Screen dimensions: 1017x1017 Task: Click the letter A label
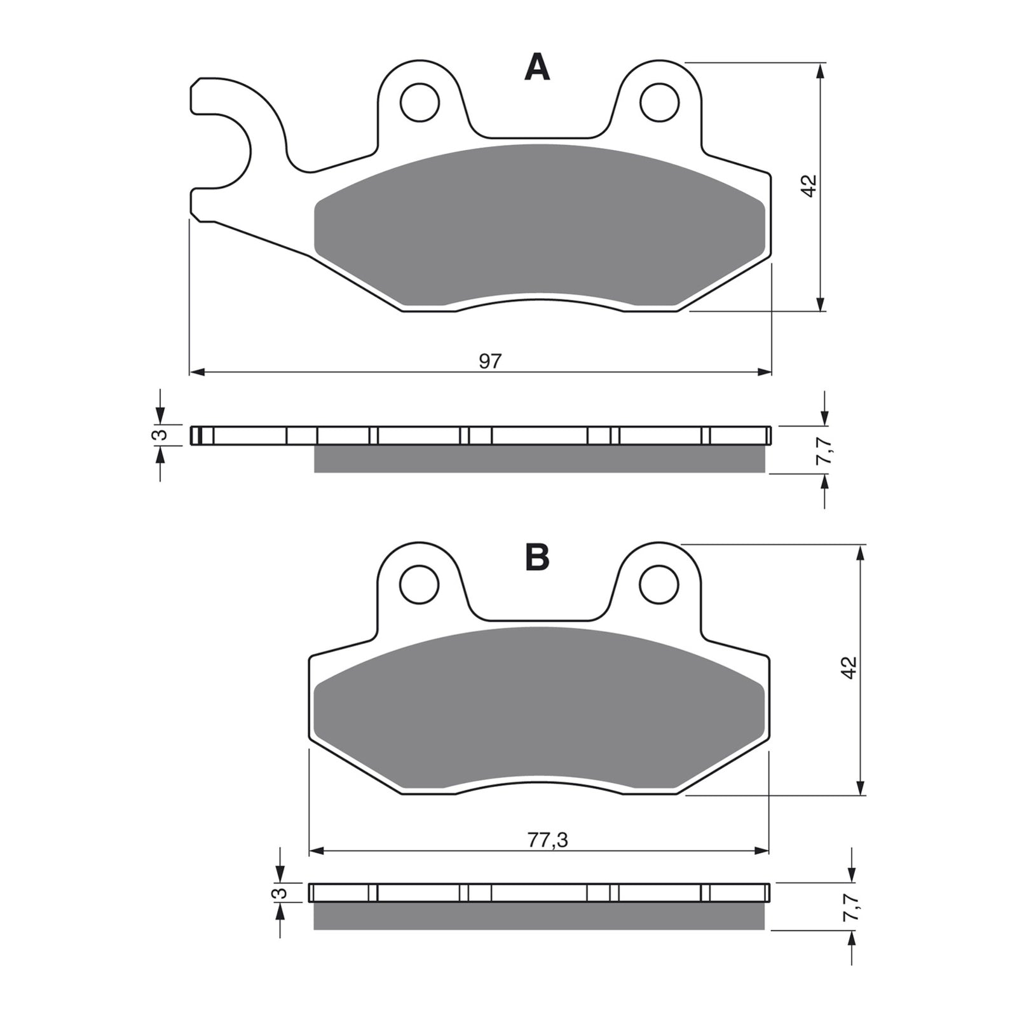(x=537, y=68)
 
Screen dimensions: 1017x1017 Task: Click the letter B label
(x=537, y=557)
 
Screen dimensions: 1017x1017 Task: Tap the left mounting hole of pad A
(x=420, y=101)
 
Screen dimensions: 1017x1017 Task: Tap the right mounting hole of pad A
(x=660, y=102)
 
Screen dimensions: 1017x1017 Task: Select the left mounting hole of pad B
(x=420, y=584)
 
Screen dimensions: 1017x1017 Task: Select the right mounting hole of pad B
(x=660, y=584)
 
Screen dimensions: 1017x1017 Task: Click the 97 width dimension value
(x=490, y=361)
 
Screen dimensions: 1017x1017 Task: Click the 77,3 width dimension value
(x=547, y=840)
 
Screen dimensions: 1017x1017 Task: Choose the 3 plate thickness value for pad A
(x=161, y=435)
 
